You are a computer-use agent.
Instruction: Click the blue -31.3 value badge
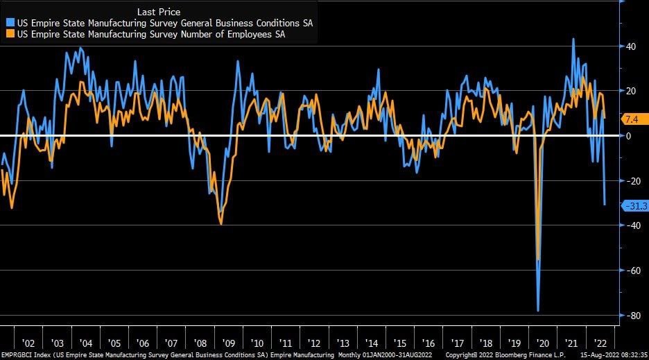[634, 206]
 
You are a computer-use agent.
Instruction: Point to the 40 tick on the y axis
[632, 46]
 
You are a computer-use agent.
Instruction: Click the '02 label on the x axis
[28, 343]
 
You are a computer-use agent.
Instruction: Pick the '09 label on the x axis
[228, 343]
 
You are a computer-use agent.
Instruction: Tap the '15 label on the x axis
[399, 343]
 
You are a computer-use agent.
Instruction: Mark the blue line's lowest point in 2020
[538, 311]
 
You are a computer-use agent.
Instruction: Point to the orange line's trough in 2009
[220, 223]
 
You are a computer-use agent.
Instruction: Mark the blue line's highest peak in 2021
[573, 39]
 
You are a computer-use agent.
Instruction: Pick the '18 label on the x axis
[485, 343]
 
